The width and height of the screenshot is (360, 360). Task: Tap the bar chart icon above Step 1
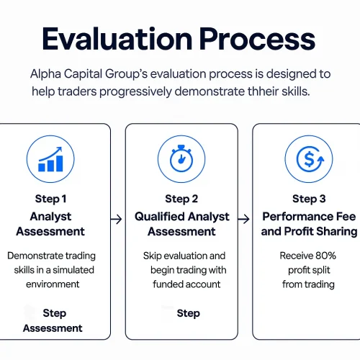click(x=50, y=159)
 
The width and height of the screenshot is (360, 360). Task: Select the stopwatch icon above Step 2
click(x=181, y=159)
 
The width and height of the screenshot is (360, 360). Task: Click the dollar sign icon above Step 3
click(x=309, y=159)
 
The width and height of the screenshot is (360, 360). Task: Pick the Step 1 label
click(x=50, y=199)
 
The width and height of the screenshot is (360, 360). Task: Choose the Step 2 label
click(x=181, y=199)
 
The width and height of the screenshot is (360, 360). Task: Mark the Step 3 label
click(x=309, y=199)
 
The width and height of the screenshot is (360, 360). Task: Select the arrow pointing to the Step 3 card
click(x=245, y=216)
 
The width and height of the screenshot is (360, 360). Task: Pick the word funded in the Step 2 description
click(x=168, y=284)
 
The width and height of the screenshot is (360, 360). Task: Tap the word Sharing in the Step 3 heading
click(x=333, y=231)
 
